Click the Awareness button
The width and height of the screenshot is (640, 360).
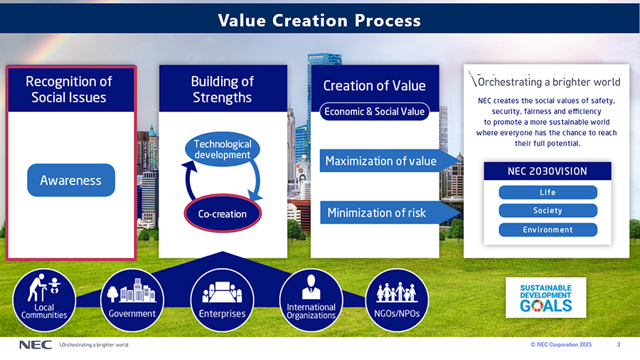[71, 180]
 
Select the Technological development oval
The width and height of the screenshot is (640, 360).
[223, 149]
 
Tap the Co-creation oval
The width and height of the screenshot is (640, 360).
[223, 213]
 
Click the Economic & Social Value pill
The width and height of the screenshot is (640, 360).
[374, 112]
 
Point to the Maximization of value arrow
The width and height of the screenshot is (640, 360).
[390, 161]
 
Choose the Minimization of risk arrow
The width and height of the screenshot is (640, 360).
[390, 212]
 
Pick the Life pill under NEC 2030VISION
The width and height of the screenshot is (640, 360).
[548, 192]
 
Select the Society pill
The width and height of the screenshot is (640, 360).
[548, 211]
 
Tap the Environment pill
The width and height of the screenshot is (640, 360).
[548, 230]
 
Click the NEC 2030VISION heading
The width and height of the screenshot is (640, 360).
[548, 171]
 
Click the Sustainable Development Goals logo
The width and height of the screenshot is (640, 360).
[545, 297]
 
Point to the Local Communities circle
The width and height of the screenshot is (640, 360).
[44, 300]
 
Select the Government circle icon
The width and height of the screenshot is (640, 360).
[132, 300]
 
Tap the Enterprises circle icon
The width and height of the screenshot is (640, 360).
[222, 300]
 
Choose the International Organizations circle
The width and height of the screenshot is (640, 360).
[311, 300]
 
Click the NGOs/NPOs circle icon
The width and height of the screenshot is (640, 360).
[397, 300]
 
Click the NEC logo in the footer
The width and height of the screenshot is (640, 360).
[36, 345]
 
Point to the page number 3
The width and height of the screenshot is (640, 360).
[619, 344]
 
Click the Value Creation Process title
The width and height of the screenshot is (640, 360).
[319, 21]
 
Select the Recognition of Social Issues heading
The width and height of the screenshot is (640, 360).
[69, 90]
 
